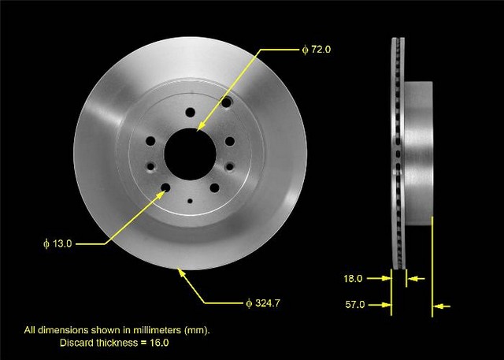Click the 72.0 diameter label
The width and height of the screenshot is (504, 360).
pos(317,50)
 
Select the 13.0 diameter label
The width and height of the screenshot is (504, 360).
pos(57,243)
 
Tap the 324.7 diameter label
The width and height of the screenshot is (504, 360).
pos(263,303)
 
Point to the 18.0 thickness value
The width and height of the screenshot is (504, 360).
pos(353,278)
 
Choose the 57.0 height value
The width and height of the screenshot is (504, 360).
pos(355,304)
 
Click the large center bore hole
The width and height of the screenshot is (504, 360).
pos(190,154)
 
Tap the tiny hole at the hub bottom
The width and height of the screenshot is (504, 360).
pos(190,201)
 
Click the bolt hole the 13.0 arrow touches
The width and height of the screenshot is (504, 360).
pos(165,187)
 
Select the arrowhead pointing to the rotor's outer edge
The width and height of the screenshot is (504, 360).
pos(182,273)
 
